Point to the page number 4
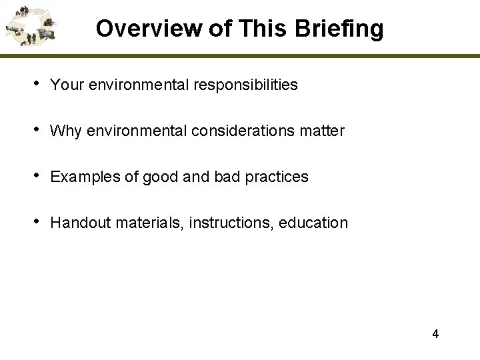435,334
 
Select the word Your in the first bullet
64,85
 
